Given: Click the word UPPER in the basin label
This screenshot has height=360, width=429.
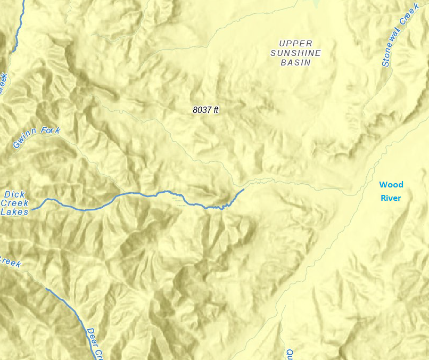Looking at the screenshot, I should pyautogui.click(x=295, y=43).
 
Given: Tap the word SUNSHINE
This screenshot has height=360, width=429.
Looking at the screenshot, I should pyautogui.click(x=295, y=53).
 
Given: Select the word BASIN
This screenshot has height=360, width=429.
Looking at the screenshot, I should pyautogui.click(x=295, y=62).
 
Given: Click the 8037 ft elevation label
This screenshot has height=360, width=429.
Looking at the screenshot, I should pyautogui.click(x=205, y=110).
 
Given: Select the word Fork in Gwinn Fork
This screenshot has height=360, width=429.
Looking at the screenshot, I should pyautogui.click(x=51, y=131).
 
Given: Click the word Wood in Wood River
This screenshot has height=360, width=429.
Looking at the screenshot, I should pyautogui.click(x=391, y=185).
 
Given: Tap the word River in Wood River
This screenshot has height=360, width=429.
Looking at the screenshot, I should pyautogui.click(x=391, y=198).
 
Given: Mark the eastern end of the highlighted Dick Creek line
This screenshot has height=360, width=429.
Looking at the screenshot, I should pyautogui.click(x=244, y=189).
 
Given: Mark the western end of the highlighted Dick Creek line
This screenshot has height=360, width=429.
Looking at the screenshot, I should pyautogui.click(x=33, y=209).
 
